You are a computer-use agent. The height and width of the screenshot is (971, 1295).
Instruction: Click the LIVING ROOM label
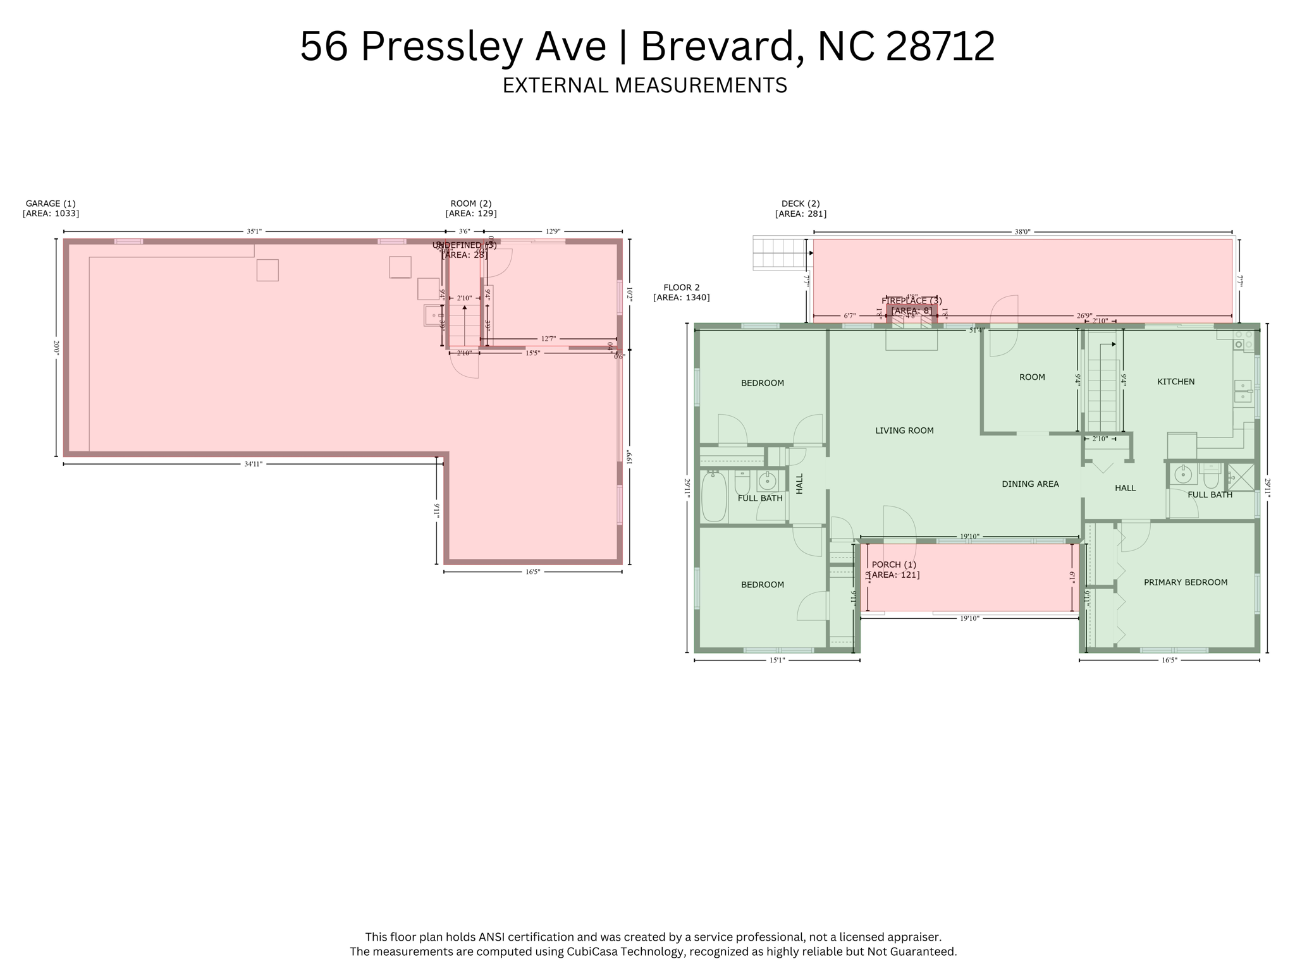click(x=904, y=431)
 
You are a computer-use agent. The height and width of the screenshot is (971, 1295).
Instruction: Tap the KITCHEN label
click(x=1175, y=382)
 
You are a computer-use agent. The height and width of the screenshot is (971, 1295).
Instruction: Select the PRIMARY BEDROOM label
click(x=1186, y=582)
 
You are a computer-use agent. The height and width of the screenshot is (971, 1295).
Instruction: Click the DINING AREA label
click(x=1030, y=484)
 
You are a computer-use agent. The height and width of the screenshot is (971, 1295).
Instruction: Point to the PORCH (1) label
click(x=893, y=565)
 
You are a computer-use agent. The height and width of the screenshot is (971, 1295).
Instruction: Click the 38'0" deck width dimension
click(x=1022, y=232)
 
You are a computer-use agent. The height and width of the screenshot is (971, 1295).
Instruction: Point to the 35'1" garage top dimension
click(x=254, y=232)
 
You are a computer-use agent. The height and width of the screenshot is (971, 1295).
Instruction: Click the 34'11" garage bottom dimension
click(x=253, y=464)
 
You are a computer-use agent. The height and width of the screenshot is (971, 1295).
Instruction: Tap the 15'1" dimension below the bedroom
click(x=776, y=660)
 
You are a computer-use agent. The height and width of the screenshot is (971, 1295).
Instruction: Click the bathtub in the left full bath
click(x=714, y=497)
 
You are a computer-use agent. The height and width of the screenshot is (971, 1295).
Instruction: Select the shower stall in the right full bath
click(x=1241, y=477)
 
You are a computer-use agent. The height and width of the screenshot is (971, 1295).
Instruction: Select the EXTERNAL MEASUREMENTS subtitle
click(x=644, y=85)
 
